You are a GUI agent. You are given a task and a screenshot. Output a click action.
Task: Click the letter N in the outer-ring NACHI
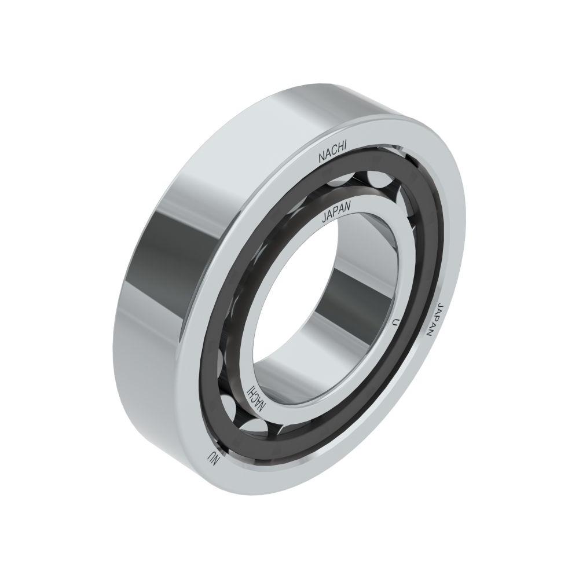(x=321, y=159)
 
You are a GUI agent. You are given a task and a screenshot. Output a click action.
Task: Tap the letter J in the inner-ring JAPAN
(x=324, y=219)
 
